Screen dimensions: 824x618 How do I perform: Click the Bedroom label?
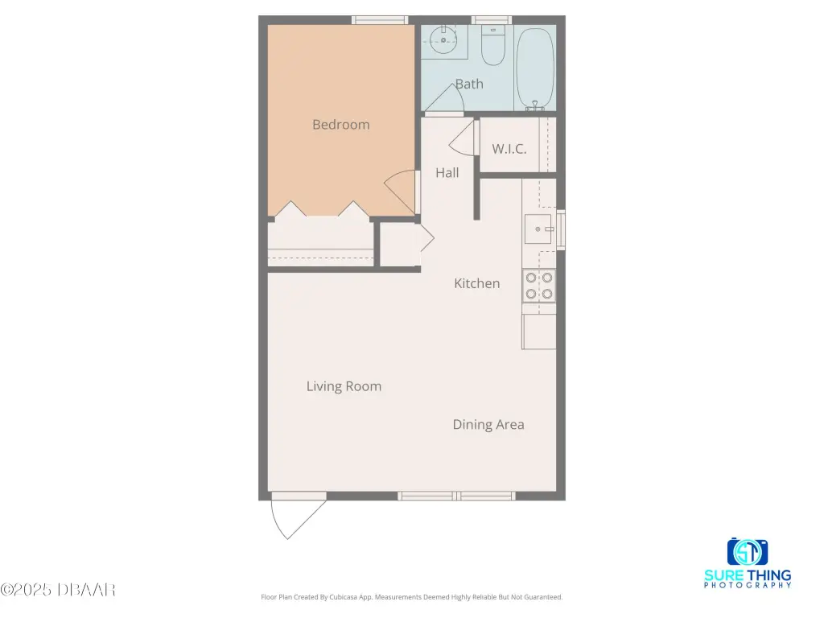coord(340,125)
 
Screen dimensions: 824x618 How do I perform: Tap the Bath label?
coord(469,84)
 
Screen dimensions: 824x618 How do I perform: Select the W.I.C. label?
coord(509,149)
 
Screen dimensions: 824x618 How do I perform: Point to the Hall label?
coord(447,172)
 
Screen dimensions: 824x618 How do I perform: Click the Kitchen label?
coord(476,283)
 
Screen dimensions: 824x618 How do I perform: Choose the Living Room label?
coord(344,386)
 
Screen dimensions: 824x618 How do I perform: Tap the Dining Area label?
coord(488,425)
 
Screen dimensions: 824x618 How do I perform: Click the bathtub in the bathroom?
coord(535,69)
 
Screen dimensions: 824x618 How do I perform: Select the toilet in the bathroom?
coord(493,46)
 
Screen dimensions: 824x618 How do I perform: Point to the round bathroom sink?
coord(443,39)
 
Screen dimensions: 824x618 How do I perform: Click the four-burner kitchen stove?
coord(539,286)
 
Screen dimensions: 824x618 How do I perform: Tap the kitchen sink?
coord(538,229)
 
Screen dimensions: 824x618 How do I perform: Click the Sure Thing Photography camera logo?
coord(748,552)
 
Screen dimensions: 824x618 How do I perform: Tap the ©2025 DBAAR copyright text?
coord(58,590)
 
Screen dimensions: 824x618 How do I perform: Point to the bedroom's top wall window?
coord(380,20)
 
